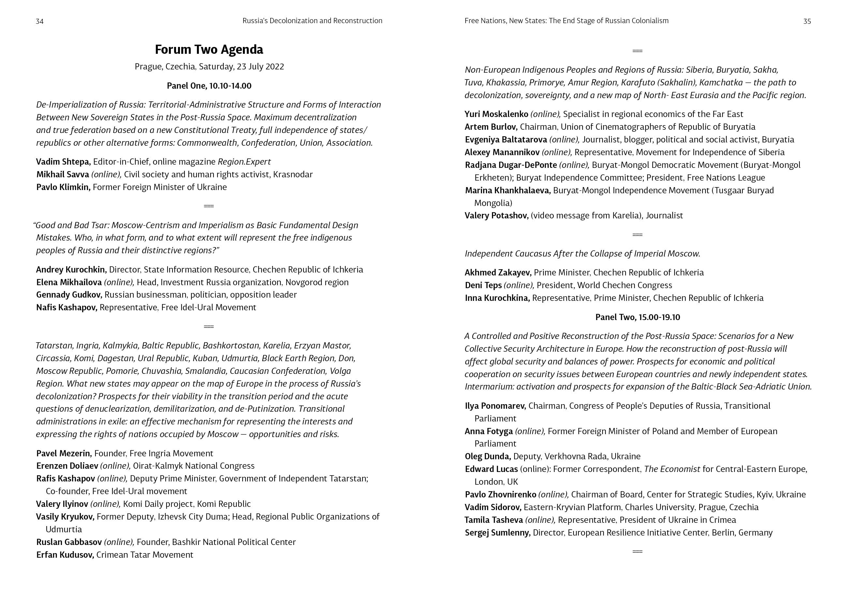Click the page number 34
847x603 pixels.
pos(39,21)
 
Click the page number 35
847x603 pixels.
pos(807,21)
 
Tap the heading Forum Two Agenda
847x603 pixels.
pos(209,50)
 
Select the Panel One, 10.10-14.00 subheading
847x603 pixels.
pos(209,86)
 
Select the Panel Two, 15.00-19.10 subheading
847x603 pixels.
pos(638,317)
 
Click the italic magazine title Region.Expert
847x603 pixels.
pos(244,162)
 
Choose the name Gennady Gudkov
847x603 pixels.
pos(69,295)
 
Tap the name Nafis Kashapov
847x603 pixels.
pos(67,307)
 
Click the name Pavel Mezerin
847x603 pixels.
pos(64,453)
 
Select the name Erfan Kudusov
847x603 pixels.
pos(65,555)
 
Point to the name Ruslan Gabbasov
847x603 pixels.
pos(69,542)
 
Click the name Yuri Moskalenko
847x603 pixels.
pos(496,114)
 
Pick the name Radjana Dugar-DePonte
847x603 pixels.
pos(511,165)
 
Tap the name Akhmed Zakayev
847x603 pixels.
pos(498,272)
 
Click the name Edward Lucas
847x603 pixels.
pos(491,469)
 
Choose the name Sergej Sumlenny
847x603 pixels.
pos(497,533)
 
